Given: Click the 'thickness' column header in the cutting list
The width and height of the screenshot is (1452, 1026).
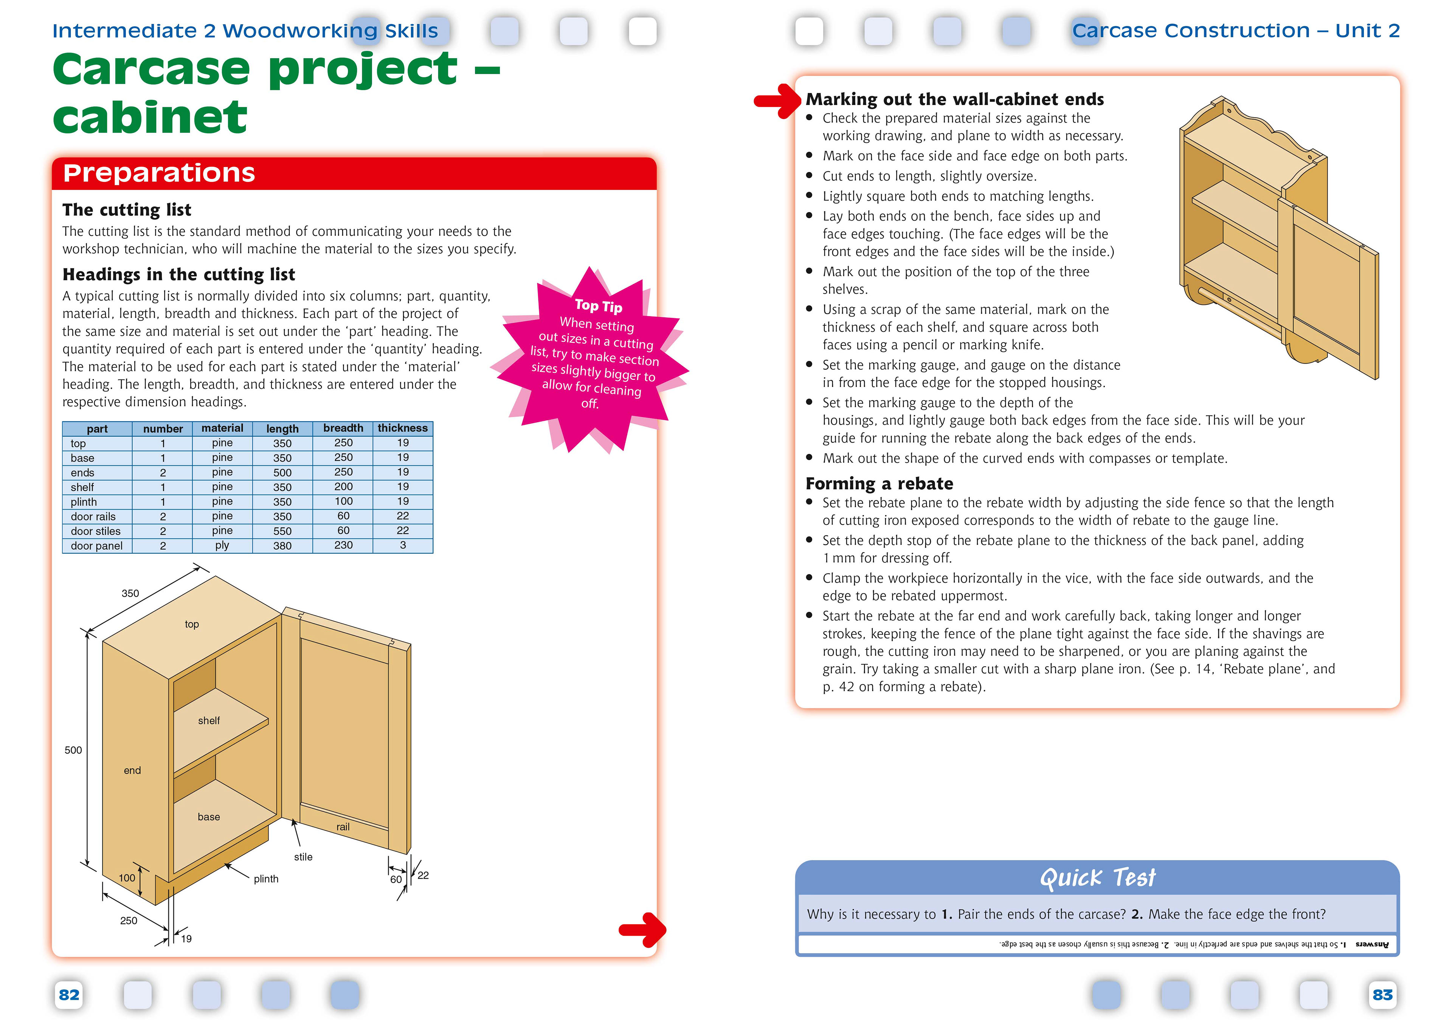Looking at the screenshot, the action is (x=402, y=428).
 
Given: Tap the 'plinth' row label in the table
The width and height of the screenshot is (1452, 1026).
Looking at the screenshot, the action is (x=84, y=502).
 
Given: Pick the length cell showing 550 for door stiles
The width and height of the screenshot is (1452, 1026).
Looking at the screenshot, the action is (x=282, y=531).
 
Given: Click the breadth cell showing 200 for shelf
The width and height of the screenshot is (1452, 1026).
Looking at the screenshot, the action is (x=343, y=487).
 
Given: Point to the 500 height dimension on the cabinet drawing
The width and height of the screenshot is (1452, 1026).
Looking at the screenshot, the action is (x=73, y=751).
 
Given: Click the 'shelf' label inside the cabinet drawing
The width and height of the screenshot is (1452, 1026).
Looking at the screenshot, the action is (x=209, y=721).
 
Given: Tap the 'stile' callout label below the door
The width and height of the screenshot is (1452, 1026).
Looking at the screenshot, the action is (x=303, y=857).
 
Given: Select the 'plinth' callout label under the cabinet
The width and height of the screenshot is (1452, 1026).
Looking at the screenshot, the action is (x=265, y=879).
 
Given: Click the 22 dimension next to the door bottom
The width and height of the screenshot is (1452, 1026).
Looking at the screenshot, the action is (x=423, y=876).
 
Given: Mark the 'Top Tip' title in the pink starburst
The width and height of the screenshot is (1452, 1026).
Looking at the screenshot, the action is (x=598, y=306).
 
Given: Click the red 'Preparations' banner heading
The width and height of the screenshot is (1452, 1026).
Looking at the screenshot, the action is (x=159, y=173).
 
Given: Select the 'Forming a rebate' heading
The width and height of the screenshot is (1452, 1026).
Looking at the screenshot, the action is (x=879, y=484).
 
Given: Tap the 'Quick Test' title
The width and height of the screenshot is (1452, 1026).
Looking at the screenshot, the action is (x=1097, y=877).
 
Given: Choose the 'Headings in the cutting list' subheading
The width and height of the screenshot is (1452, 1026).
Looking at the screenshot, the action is (x=179, y=274).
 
